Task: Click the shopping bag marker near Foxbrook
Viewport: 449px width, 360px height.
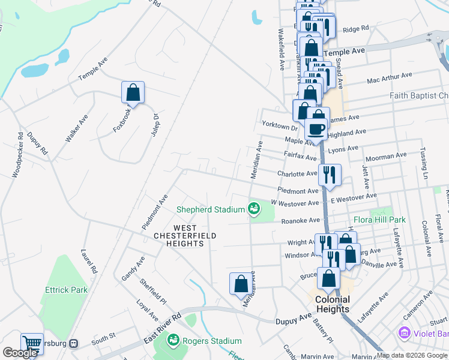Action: [x=133, y=93]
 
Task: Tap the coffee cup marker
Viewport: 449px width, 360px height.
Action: [x=316, y=128]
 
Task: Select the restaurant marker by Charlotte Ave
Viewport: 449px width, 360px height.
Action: [x=330, y=175]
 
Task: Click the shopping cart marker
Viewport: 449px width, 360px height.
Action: [x=32, y=344]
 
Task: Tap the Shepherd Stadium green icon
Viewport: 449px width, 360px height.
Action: [x=254, y=209]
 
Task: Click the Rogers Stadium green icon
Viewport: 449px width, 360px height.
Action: [x=173, y=341]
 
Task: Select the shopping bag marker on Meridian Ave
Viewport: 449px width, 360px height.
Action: [x=241, y=283]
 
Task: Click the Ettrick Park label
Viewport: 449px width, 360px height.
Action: [x=66, y=290]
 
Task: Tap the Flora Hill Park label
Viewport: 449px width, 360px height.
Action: [x=379, y=220]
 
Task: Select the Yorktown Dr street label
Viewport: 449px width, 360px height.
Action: [x=280, y=127]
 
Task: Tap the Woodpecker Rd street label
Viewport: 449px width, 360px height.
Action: [x=17, y=155]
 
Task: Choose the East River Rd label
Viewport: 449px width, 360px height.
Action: [x=162, y=329]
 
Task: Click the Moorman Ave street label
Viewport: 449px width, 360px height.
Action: [x=385, y=157]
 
